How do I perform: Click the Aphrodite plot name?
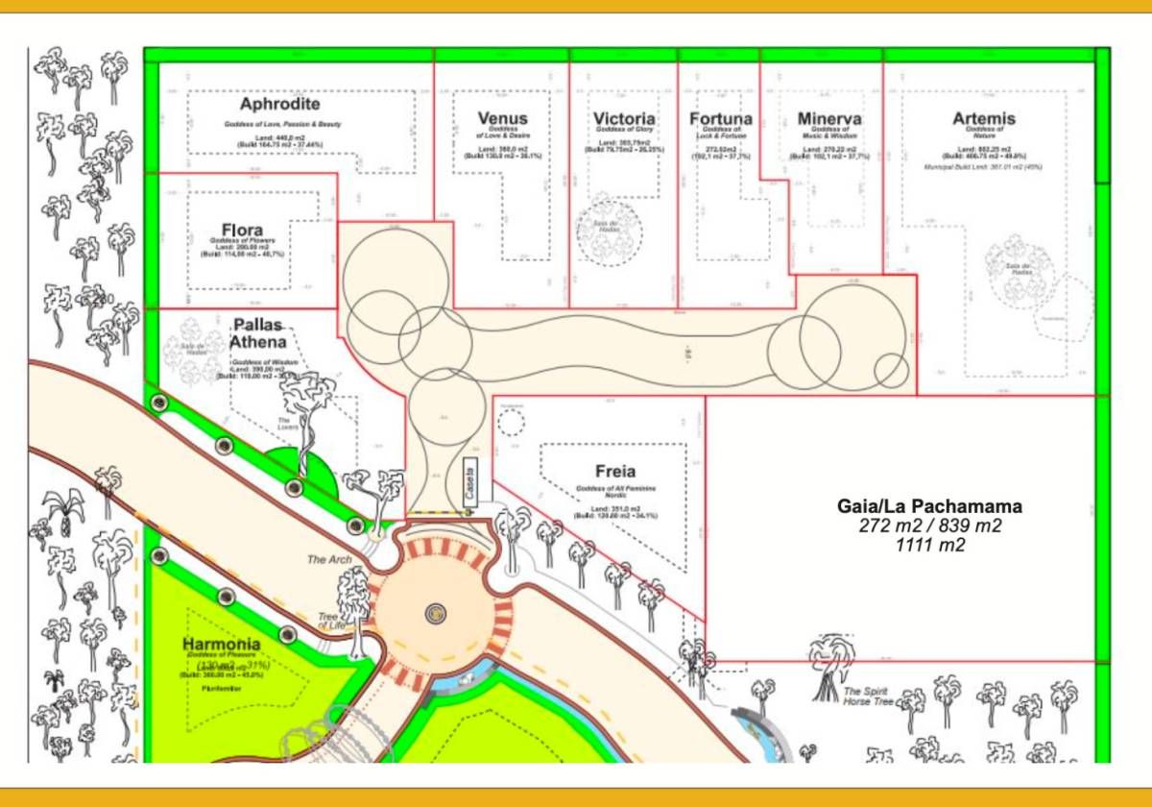coord(280,104)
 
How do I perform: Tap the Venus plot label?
coord(502,118)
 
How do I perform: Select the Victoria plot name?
coord(624,118)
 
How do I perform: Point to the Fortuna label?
coord(721,118)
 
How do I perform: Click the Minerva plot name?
coord(829,118)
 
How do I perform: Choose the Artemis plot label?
coord(984,118)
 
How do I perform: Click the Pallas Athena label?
coord(257,333)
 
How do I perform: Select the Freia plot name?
coord(615,472)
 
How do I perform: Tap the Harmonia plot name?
coord(222,643)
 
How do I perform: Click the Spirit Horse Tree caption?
coord(868,697)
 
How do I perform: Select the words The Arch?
coord(329,559)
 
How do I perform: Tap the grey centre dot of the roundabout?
coord(436,612)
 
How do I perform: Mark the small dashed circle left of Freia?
coord(512,421)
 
